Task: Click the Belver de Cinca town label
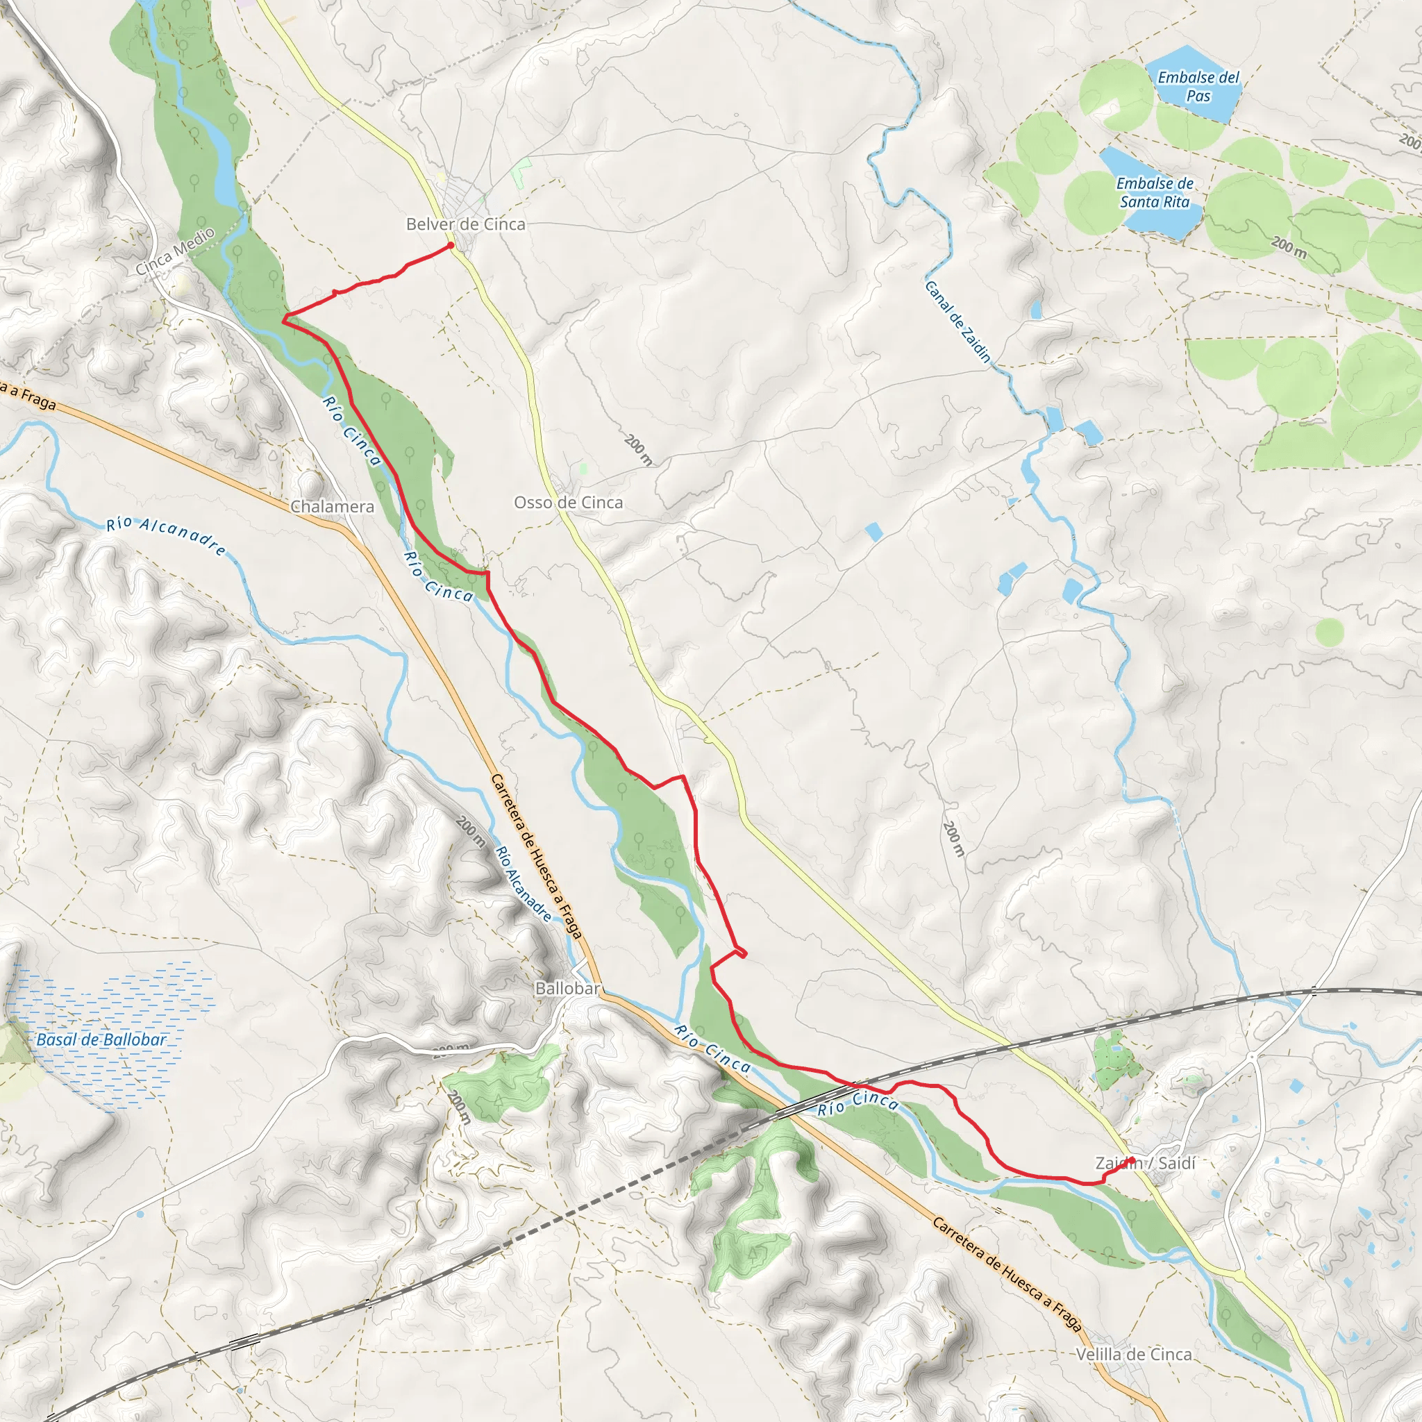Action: pos(466,224)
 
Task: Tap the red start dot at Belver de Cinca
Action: pos(451,245)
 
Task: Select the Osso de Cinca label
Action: pos(568,503)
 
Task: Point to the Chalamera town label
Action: pos(332,506)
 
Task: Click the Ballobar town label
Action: pos(567,989)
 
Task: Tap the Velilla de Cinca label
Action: pos(1133,1354)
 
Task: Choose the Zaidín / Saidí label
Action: pos(1145,1163)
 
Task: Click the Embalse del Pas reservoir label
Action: pos(1198,86)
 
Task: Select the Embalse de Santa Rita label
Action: pos(1155,192)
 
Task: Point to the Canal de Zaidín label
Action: pos(957,321)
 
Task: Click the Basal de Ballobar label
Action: pos(101,1039)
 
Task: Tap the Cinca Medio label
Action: pos(175,251)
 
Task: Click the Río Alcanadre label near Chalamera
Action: pos(167,535)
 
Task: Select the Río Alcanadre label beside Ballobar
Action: pos(524,885)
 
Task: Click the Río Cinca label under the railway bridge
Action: pos(858,1103)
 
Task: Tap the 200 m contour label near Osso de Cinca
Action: pos(638,450)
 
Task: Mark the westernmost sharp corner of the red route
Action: pos(283,319)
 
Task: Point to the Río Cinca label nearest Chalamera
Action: pos(352,431)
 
